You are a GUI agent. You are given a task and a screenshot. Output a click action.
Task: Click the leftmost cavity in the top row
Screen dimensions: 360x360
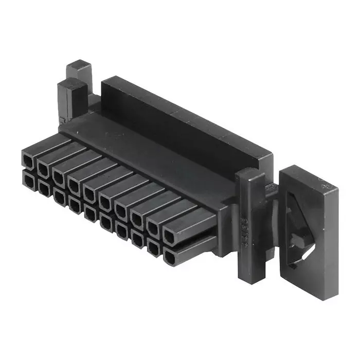click(x=28, y=159)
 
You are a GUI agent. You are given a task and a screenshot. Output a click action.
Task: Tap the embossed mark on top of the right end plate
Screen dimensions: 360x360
click(x=325, y=183)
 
